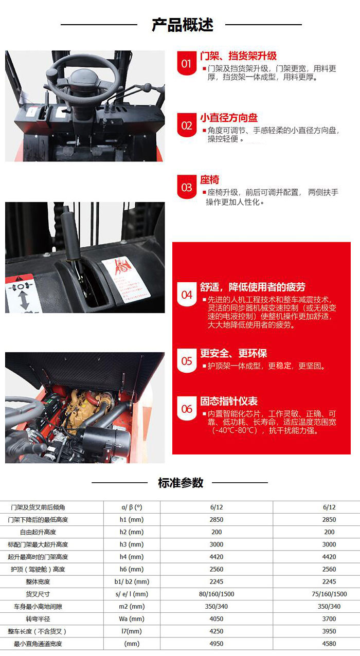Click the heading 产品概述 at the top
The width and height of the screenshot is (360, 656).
tap(182, 25)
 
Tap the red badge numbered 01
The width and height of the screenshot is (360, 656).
tap(186, 64)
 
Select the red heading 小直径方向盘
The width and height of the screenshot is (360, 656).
tap(229, 118)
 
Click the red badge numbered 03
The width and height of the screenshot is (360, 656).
tap(186, 187)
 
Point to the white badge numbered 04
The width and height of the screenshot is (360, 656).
tap(186, 295)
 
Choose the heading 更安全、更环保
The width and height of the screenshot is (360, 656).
tap(233, 353)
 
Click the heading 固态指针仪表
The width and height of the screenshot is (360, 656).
tap(229, 401)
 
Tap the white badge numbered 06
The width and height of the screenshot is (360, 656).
tap(186, 409)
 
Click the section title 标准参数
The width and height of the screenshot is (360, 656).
tap(181, 483)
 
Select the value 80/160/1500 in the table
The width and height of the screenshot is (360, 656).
tap(217, 594)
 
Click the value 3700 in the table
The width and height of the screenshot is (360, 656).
tap(329, 618)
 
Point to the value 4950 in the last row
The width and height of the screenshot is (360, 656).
tap(217, 643)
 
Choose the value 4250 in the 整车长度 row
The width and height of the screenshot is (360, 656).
tap(217, 631)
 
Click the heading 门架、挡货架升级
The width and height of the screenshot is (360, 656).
tap(238, 56)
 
